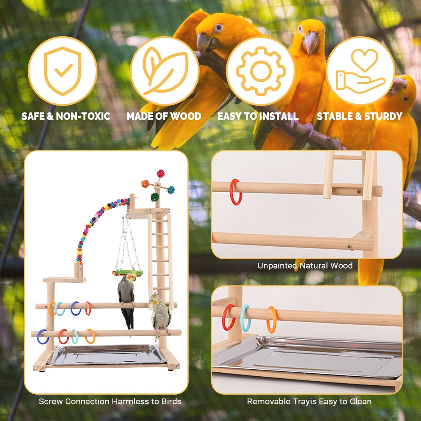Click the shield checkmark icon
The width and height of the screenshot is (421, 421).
coord(63,71)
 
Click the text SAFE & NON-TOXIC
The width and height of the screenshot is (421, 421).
coord(66,116)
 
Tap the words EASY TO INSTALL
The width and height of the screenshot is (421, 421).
coord(258,116)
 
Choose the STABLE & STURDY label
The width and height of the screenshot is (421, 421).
coord(360,116)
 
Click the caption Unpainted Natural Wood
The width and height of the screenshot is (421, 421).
coord(305,266)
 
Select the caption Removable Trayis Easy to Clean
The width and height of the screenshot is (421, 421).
coord(309,401)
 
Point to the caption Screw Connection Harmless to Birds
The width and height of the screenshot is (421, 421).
coord(110,401)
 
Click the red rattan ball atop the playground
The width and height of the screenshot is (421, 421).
coord(161,173)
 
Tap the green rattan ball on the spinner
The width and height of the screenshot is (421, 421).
coord(155,197)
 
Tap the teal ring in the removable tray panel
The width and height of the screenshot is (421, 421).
coord(245,318)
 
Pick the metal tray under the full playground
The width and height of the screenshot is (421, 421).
coord(107,355)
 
